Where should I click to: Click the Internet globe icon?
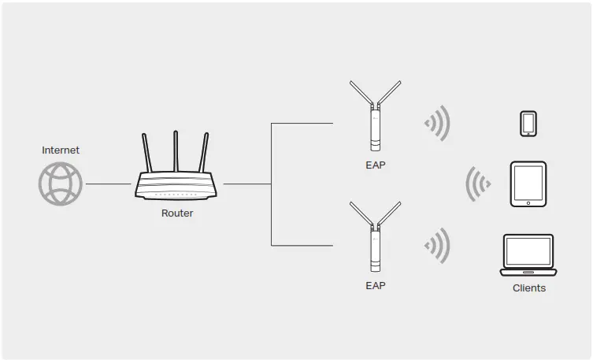point(60,184)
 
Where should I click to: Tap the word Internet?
point(61,150)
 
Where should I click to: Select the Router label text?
point(176,213)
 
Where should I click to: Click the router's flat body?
point(176,186)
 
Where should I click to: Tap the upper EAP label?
point(376,165)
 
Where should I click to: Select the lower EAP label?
point(376,285)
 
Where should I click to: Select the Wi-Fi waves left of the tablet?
point(477,184)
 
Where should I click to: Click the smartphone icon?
point(528,124)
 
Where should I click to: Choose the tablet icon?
point(528,184)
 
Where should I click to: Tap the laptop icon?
point(528,254)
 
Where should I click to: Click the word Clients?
point(528,288)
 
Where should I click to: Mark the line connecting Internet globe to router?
point(108,184)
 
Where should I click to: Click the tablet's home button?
point(528,202)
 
